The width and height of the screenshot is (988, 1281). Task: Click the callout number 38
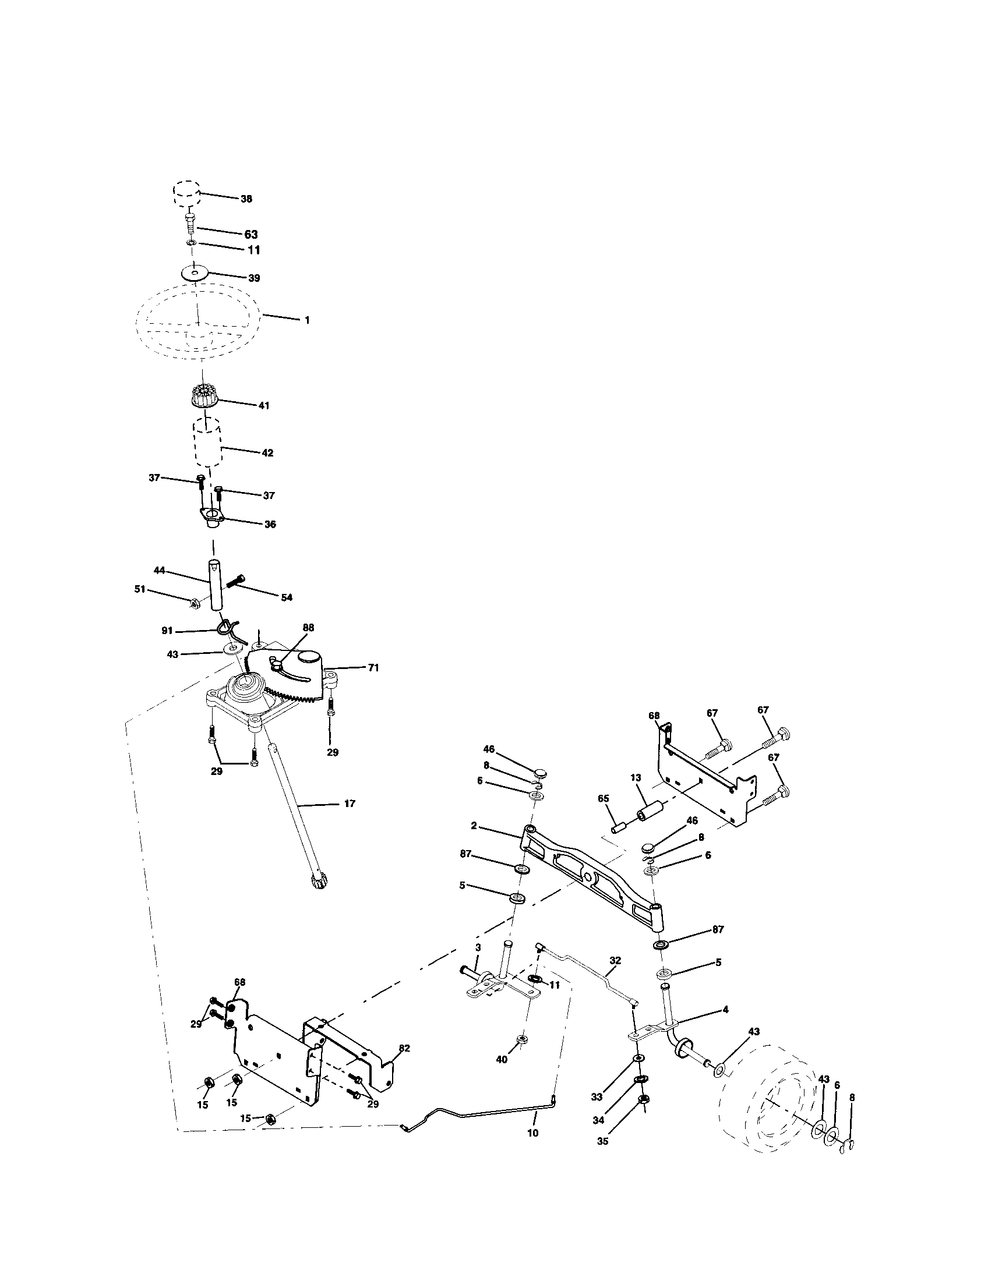click(x=246, y=199)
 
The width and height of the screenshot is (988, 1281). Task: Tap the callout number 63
click(x=250, y=235)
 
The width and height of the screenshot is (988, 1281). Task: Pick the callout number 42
click(x=267, y=453)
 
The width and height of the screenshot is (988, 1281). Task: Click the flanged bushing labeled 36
click(x=212, y=516)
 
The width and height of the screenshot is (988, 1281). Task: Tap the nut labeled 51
click(x=196, y=603)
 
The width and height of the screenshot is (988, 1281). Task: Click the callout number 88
click(x=308, y=627)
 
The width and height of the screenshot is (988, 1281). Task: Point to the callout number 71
click(x=373, y=667)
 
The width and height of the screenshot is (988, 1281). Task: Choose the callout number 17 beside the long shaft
click(x=350, y=804)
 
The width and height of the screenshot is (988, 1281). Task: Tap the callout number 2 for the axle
click(x=474, y=826)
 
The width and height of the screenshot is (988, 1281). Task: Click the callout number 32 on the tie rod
click(x=615, y=960)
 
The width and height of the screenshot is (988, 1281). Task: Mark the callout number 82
click(x=404, y=1048)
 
